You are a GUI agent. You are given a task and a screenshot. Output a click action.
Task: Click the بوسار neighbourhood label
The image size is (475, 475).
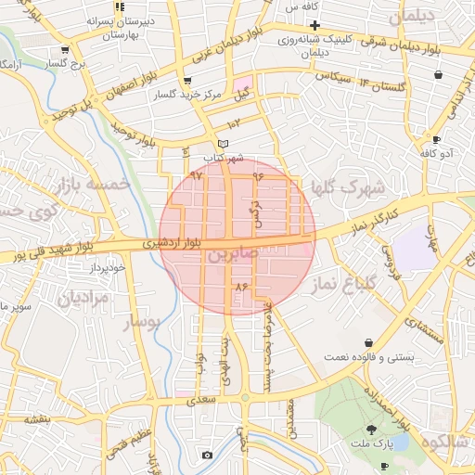click(x=142, y=322)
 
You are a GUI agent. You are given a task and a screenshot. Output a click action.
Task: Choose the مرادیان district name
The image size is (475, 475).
click(x=83, y=298)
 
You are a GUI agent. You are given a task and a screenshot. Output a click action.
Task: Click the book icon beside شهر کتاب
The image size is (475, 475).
click(x=221, y=144)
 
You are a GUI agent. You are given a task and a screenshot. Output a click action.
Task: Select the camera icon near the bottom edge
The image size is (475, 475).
click(x=206, y=456)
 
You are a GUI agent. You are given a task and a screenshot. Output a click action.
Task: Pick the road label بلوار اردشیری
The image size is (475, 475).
click(x=171, y=243)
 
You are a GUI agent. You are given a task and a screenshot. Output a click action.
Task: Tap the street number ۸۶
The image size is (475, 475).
click(x=243, y=288)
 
